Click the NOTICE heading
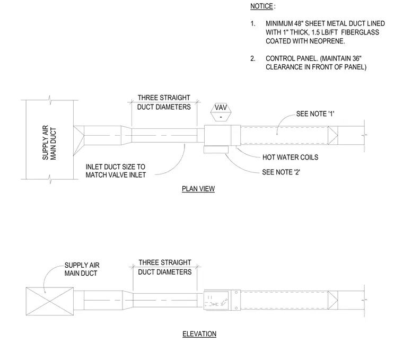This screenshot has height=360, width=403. (261, 6)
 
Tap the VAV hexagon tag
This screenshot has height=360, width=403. (221, 112)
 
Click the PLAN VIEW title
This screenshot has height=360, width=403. (198, 189)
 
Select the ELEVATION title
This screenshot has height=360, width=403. (199, 334)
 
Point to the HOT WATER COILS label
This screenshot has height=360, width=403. (290, 157)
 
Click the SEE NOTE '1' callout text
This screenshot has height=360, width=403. (315, 114)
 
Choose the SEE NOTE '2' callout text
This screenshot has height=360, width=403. (281, 172)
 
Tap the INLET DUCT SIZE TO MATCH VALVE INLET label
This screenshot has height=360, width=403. (116, 171)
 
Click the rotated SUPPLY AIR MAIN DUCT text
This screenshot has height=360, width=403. (49, 143)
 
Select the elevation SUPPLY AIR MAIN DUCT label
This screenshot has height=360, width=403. (82, 269)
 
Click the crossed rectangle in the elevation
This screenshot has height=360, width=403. (50, 301)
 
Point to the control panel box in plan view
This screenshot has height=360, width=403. (216, 150)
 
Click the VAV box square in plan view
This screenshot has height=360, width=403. (217, 135)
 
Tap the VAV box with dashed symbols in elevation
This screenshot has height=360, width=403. (216, 301)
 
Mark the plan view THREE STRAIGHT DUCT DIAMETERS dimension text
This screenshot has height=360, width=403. (164, 102)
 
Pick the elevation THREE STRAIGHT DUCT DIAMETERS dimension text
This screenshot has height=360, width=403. (165, 267)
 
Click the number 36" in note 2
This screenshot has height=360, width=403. (357, 59)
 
